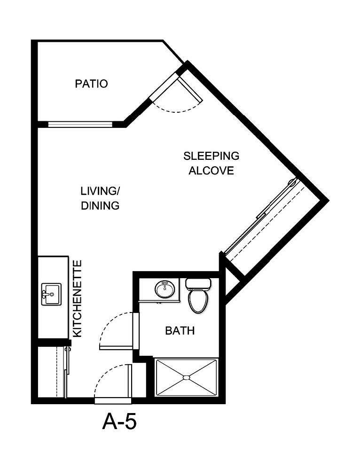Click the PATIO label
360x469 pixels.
click(91, 84)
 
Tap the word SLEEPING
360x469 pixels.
click(211, 156)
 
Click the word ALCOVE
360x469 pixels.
click(211, 170)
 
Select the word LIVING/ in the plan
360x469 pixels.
click(100, 191)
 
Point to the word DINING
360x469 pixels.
click(100, 205)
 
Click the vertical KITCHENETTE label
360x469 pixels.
click(78, 298)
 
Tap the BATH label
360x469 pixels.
click(180, 331)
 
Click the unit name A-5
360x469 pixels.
click(119, 422)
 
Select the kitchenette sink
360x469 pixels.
click(51, 294)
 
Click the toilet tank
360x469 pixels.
click(198, 284)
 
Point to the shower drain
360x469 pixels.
click(186, 377)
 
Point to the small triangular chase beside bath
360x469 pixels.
click(230, 282)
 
